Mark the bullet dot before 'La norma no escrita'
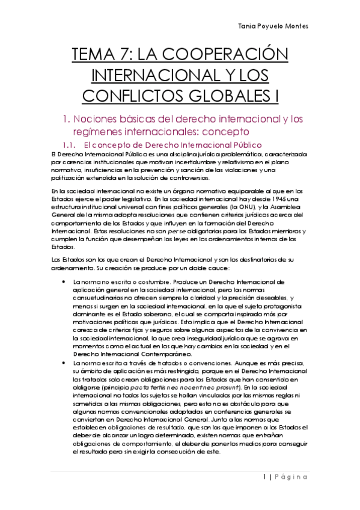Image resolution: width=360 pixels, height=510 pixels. (x=63, y=281)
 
